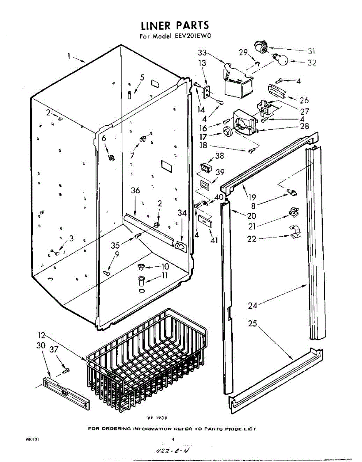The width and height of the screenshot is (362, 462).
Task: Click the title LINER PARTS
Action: point(175,26)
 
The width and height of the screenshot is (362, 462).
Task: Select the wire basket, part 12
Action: point(146,362)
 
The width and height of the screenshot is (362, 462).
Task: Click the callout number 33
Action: point(202,53)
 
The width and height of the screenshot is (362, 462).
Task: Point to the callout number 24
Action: point(252,306)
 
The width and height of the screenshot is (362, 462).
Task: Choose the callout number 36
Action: point(135,191)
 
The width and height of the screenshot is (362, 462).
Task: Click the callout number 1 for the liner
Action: point(69,56)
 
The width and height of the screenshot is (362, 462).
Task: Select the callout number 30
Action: point(41,345)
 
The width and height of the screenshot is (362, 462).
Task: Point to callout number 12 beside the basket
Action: point(42,335)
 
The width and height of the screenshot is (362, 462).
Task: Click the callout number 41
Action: point(214,241)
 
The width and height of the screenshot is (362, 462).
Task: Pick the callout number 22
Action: point(252,239)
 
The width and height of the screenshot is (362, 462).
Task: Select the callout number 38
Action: point(219,156)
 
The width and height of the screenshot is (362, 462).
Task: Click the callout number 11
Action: point(165,275)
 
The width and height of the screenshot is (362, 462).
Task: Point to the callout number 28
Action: point(304,126)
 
